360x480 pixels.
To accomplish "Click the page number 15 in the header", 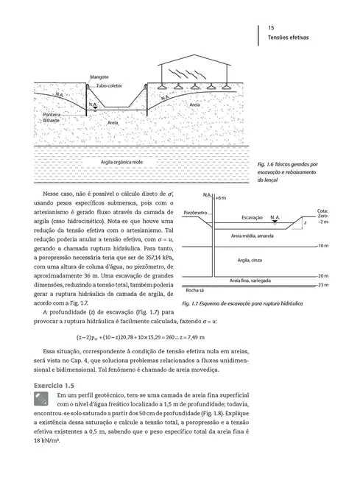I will [272, 25].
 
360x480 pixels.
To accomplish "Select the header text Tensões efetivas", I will [288, 36].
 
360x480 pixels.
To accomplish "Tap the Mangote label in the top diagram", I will [99, 77].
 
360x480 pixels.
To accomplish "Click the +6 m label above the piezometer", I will [221, 199].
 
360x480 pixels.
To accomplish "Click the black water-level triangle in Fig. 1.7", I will [275, 223].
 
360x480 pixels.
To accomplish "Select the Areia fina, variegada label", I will [253, 280].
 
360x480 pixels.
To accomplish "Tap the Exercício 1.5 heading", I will [58, 385].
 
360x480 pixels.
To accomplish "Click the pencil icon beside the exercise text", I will [40, 398].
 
